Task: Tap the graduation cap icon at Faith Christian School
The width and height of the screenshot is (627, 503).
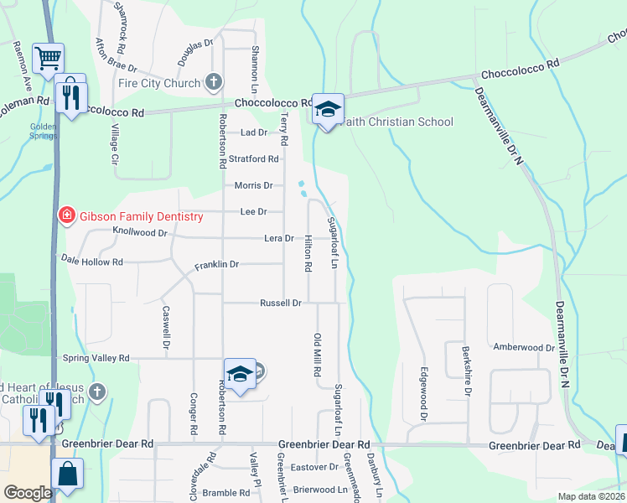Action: pos(329,110)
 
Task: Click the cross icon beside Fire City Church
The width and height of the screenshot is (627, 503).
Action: pos(215,82)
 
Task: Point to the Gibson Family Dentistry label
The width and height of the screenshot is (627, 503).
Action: pos(142,216)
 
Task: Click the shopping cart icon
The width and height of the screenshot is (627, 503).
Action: pos(49,59)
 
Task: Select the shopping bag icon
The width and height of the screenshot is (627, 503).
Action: pos(67,475)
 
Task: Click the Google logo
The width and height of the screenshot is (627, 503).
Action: pos(28,493)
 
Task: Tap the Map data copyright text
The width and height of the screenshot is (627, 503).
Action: pos(592,496)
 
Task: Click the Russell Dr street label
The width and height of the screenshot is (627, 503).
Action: pos(280,303)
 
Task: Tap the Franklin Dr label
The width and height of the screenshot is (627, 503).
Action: pos(217,265)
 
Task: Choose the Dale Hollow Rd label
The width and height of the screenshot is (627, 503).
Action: pos(92,262)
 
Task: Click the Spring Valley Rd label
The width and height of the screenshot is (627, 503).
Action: pos(96,358)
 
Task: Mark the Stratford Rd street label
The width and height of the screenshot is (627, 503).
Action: pos(256,158)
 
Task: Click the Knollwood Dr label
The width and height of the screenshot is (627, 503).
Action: pos(140,231)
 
